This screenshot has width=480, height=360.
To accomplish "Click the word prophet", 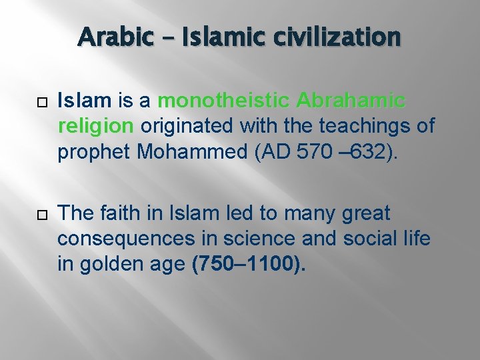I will [x=94, y=152].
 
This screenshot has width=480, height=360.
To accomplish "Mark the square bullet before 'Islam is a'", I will [x=41, y=102].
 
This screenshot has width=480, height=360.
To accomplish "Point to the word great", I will [x=365, y=215].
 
